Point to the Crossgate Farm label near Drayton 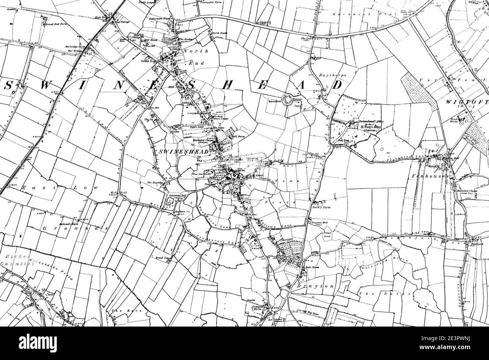256,307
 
